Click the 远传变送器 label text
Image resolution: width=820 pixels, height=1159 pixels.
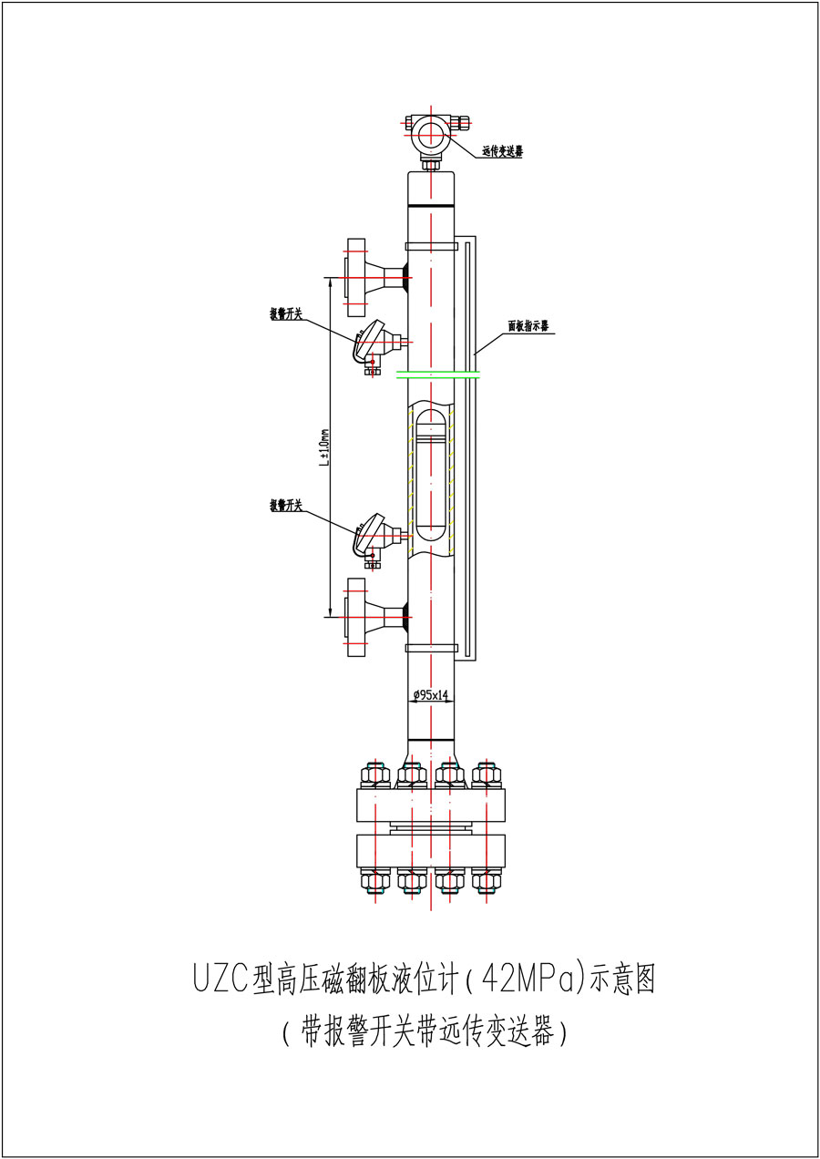click(x=502, y=152)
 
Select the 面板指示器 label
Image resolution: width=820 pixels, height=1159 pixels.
click(x=528, y=325)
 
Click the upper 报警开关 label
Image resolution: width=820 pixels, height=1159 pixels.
click(x=285, y=313)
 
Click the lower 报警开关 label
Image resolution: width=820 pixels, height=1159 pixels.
click(x=285, y=504)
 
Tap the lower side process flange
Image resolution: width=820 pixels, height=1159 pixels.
click(x=355, y=616)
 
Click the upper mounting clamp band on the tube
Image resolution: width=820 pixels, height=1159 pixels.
click(x=431, y=245)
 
